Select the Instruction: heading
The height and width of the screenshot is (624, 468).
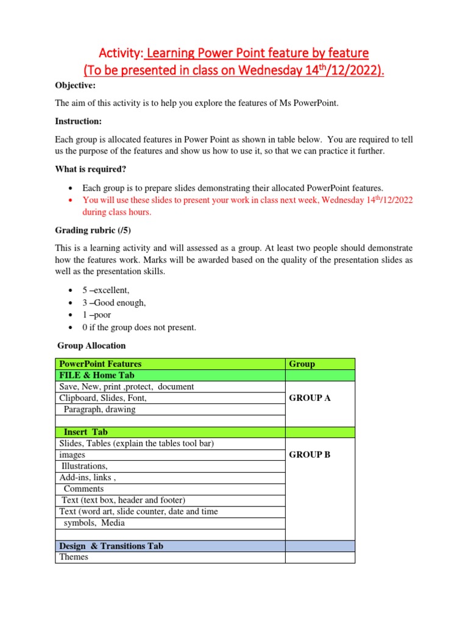click(x=78, y=121)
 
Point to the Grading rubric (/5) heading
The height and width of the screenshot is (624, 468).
click(x=93, y=230)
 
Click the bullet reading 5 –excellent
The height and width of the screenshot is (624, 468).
click(x=106, y=291)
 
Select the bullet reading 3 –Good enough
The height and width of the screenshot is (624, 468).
click(x=114, y=303)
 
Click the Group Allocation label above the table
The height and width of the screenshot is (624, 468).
click(x=91, y=346)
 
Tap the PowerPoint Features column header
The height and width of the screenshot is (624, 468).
click(x=100, y=364)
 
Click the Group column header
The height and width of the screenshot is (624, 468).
click(x=302, y=364)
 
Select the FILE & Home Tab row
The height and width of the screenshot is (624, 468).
click(x=97, y=375)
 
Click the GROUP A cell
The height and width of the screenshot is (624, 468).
click(x=310, y=398)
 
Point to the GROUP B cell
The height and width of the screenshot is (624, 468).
click(x=310, y=455)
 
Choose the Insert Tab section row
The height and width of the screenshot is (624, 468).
click(x=85, y=432)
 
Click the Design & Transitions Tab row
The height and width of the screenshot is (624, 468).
click(x=111, y=546)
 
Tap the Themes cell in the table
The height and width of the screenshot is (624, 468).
click(x=74, y=557)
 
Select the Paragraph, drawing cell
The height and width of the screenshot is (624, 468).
click(x=99, y=409)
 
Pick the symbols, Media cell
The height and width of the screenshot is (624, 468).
click(x=94, y=523)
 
